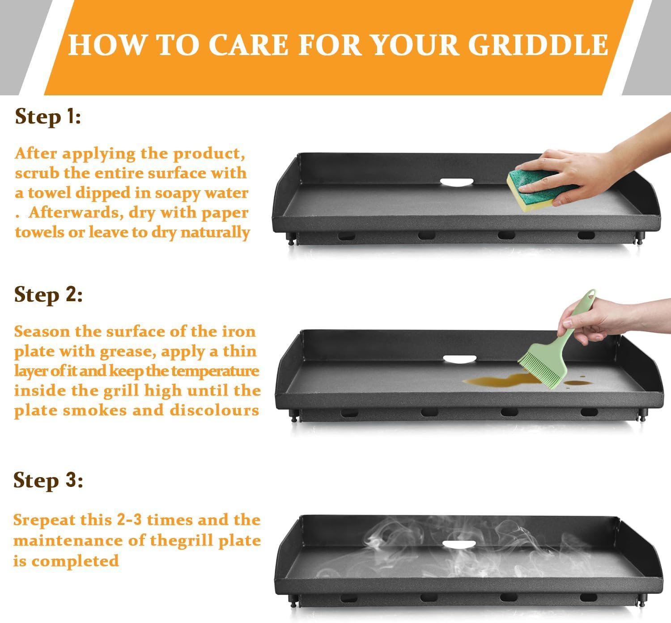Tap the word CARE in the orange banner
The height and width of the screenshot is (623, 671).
point(248,44)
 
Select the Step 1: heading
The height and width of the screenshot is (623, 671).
point(47,117)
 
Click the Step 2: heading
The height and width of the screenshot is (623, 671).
point(48,295)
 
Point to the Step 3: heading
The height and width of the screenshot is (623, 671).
point(48,480)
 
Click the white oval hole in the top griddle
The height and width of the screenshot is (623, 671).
point(456,183)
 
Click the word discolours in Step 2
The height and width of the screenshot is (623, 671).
point(214,410)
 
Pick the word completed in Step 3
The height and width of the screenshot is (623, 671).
point(75,560)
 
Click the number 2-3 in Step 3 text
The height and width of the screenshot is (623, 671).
point(129,520)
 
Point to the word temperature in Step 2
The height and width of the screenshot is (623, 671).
point(215,371)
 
